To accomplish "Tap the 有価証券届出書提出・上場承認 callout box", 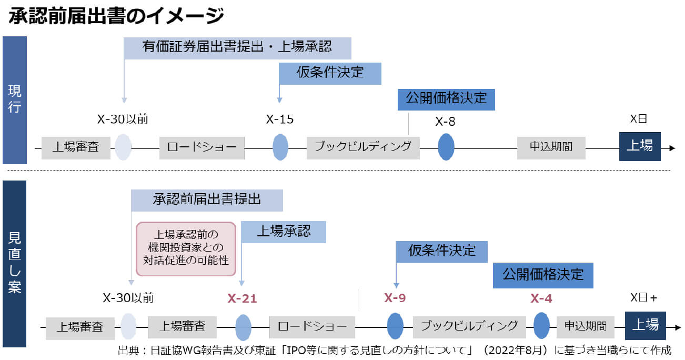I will coord(237,47).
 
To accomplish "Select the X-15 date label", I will coord(279,119).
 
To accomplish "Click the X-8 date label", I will coord(445,122).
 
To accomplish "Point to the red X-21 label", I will coord(242,298).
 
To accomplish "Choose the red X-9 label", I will coord(395,298).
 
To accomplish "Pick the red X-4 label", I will coord(541,298).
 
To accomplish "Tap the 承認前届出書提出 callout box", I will coord(207,200).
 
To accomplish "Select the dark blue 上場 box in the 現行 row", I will coord(639,146).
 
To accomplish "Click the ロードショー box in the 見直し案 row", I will coord(312,326).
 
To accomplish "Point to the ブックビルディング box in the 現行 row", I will coord(363,147).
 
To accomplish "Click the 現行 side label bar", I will coord(15,100).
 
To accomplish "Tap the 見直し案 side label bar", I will coord(15,263).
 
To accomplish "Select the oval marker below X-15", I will coord(280,147).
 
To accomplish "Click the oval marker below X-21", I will coord(243,326).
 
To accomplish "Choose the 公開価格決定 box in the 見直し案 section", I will coord(542,275).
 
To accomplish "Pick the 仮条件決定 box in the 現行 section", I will coord(330,73).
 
